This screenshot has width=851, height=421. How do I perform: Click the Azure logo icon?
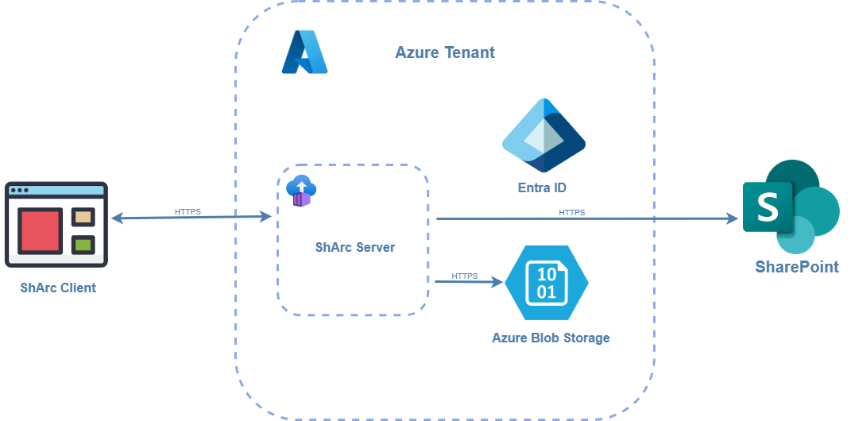click(x=304, y=52)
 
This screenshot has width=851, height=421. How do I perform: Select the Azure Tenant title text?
click(x=445, y=52)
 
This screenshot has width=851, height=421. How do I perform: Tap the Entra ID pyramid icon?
click(x=543, y=136)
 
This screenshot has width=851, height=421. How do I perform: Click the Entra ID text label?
click(x=542, y=187)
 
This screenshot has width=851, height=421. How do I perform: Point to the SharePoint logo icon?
click(x=791, y=207)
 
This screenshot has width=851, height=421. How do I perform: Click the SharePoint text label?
click(x=796, y=267)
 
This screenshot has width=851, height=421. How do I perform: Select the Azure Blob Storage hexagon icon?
click(x=546, y=282)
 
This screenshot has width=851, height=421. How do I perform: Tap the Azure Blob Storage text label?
click(x=551, y=338)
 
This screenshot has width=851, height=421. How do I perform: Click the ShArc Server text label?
click(x=354, y=247)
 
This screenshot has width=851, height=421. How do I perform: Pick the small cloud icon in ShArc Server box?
click(x=301, y=191)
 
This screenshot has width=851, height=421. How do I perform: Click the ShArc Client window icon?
click(x=56, y=225)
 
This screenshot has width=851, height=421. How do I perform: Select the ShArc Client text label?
click(x=58, y=288)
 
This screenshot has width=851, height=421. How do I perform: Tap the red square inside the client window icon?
click(x=40, y=230)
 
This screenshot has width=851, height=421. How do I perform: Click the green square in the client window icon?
click(x=83, y=244)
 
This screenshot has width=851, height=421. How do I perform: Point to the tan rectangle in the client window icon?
click(x=83, y=216)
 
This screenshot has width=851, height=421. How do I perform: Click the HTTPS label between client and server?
click(x=188, y=212)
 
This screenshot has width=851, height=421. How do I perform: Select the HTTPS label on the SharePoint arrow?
click(x=572, y=212)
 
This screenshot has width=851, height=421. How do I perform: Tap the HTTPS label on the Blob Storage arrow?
click(x=465, y=276)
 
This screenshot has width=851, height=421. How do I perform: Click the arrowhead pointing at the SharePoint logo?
click(x=732, y=218)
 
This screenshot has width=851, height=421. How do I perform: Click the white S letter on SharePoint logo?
click(x=768, y=207)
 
